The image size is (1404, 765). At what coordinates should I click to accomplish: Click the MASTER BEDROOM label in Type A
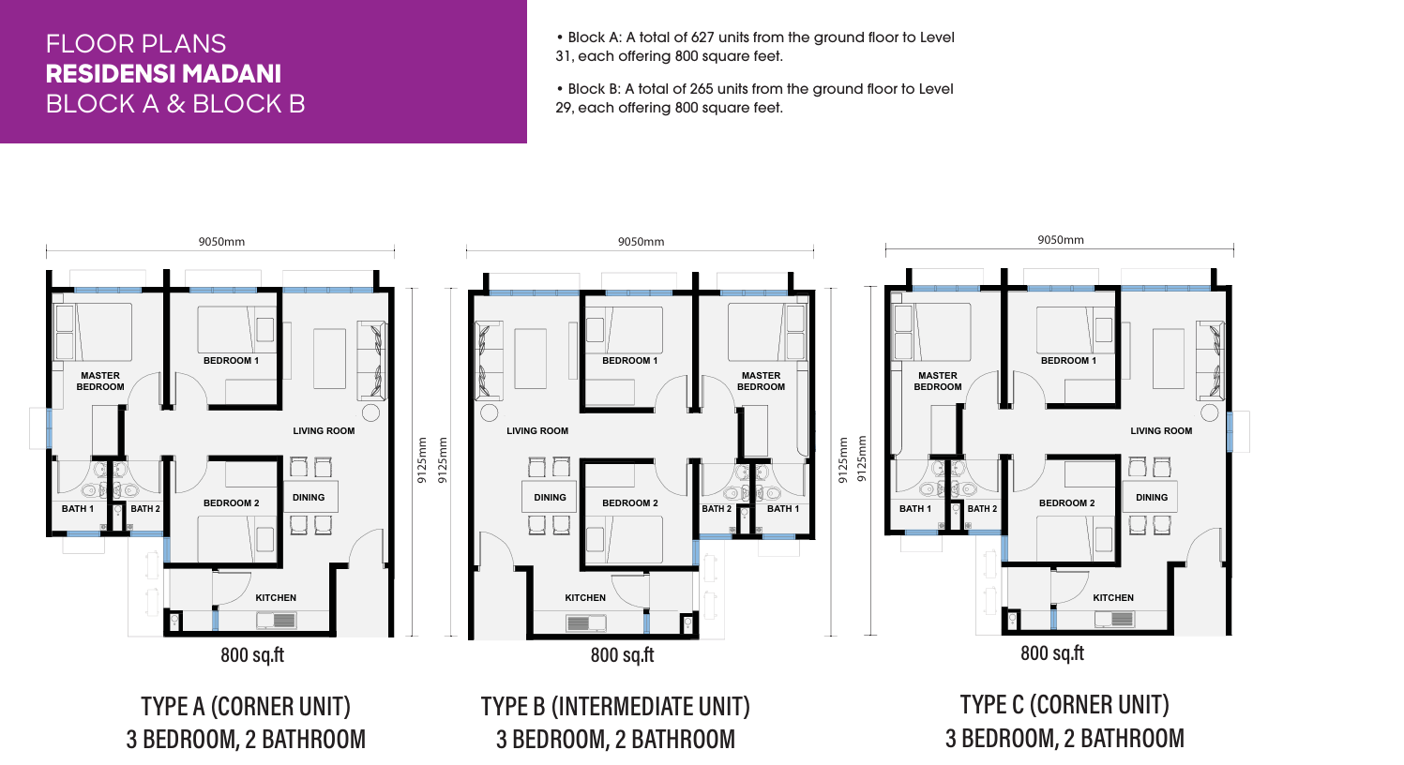(100, 381)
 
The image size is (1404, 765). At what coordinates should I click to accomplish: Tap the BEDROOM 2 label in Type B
(630, 503)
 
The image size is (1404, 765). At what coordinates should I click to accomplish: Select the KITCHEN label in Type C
(1113, 598)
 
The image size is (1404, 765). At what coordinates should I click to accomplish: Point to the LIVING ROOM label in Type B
(537, 431)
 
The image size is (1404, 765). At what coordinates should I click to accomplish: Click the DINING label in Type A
(309, 498)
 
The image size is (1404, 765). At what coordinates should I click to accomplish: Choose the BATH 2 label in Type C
(982, 509)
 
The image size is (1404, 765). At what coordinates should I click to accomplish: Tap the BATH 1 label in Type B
(783, 509)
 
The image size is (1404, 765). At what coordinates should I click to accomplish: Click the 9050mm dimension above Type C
(1061, 240)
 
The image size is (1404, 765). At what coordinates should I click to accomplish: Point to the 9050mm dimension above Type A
(221, 242)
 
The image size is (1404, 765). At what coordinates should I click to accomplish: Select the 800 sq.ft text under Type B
(622, 655)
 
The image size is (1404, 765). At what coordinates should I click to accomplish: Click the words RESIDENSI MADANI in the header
(163, 74)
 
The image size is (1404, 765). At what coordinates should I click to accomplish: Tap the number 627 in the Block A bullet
(702, 37)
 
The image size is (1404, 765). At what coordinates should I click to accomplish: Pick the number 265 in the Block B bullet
(702, 89)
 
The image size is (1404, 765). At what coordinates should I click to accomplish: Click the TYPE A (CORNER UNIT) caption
(246, 706)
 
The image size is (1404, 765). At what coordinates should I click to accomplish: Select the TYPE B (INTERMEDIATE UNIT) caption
(615, 706)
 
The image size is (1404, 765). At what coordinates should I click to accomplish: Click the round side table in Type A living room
(370, 412)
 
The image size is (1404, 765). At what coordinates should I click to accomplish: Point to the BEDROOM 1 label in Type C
(1068, 361)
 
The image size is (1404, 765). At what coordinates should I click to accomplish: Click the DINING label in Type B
(550, 498)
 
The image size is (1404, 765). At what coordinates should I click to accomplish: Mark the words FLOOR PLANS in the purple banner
(135, 44)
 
